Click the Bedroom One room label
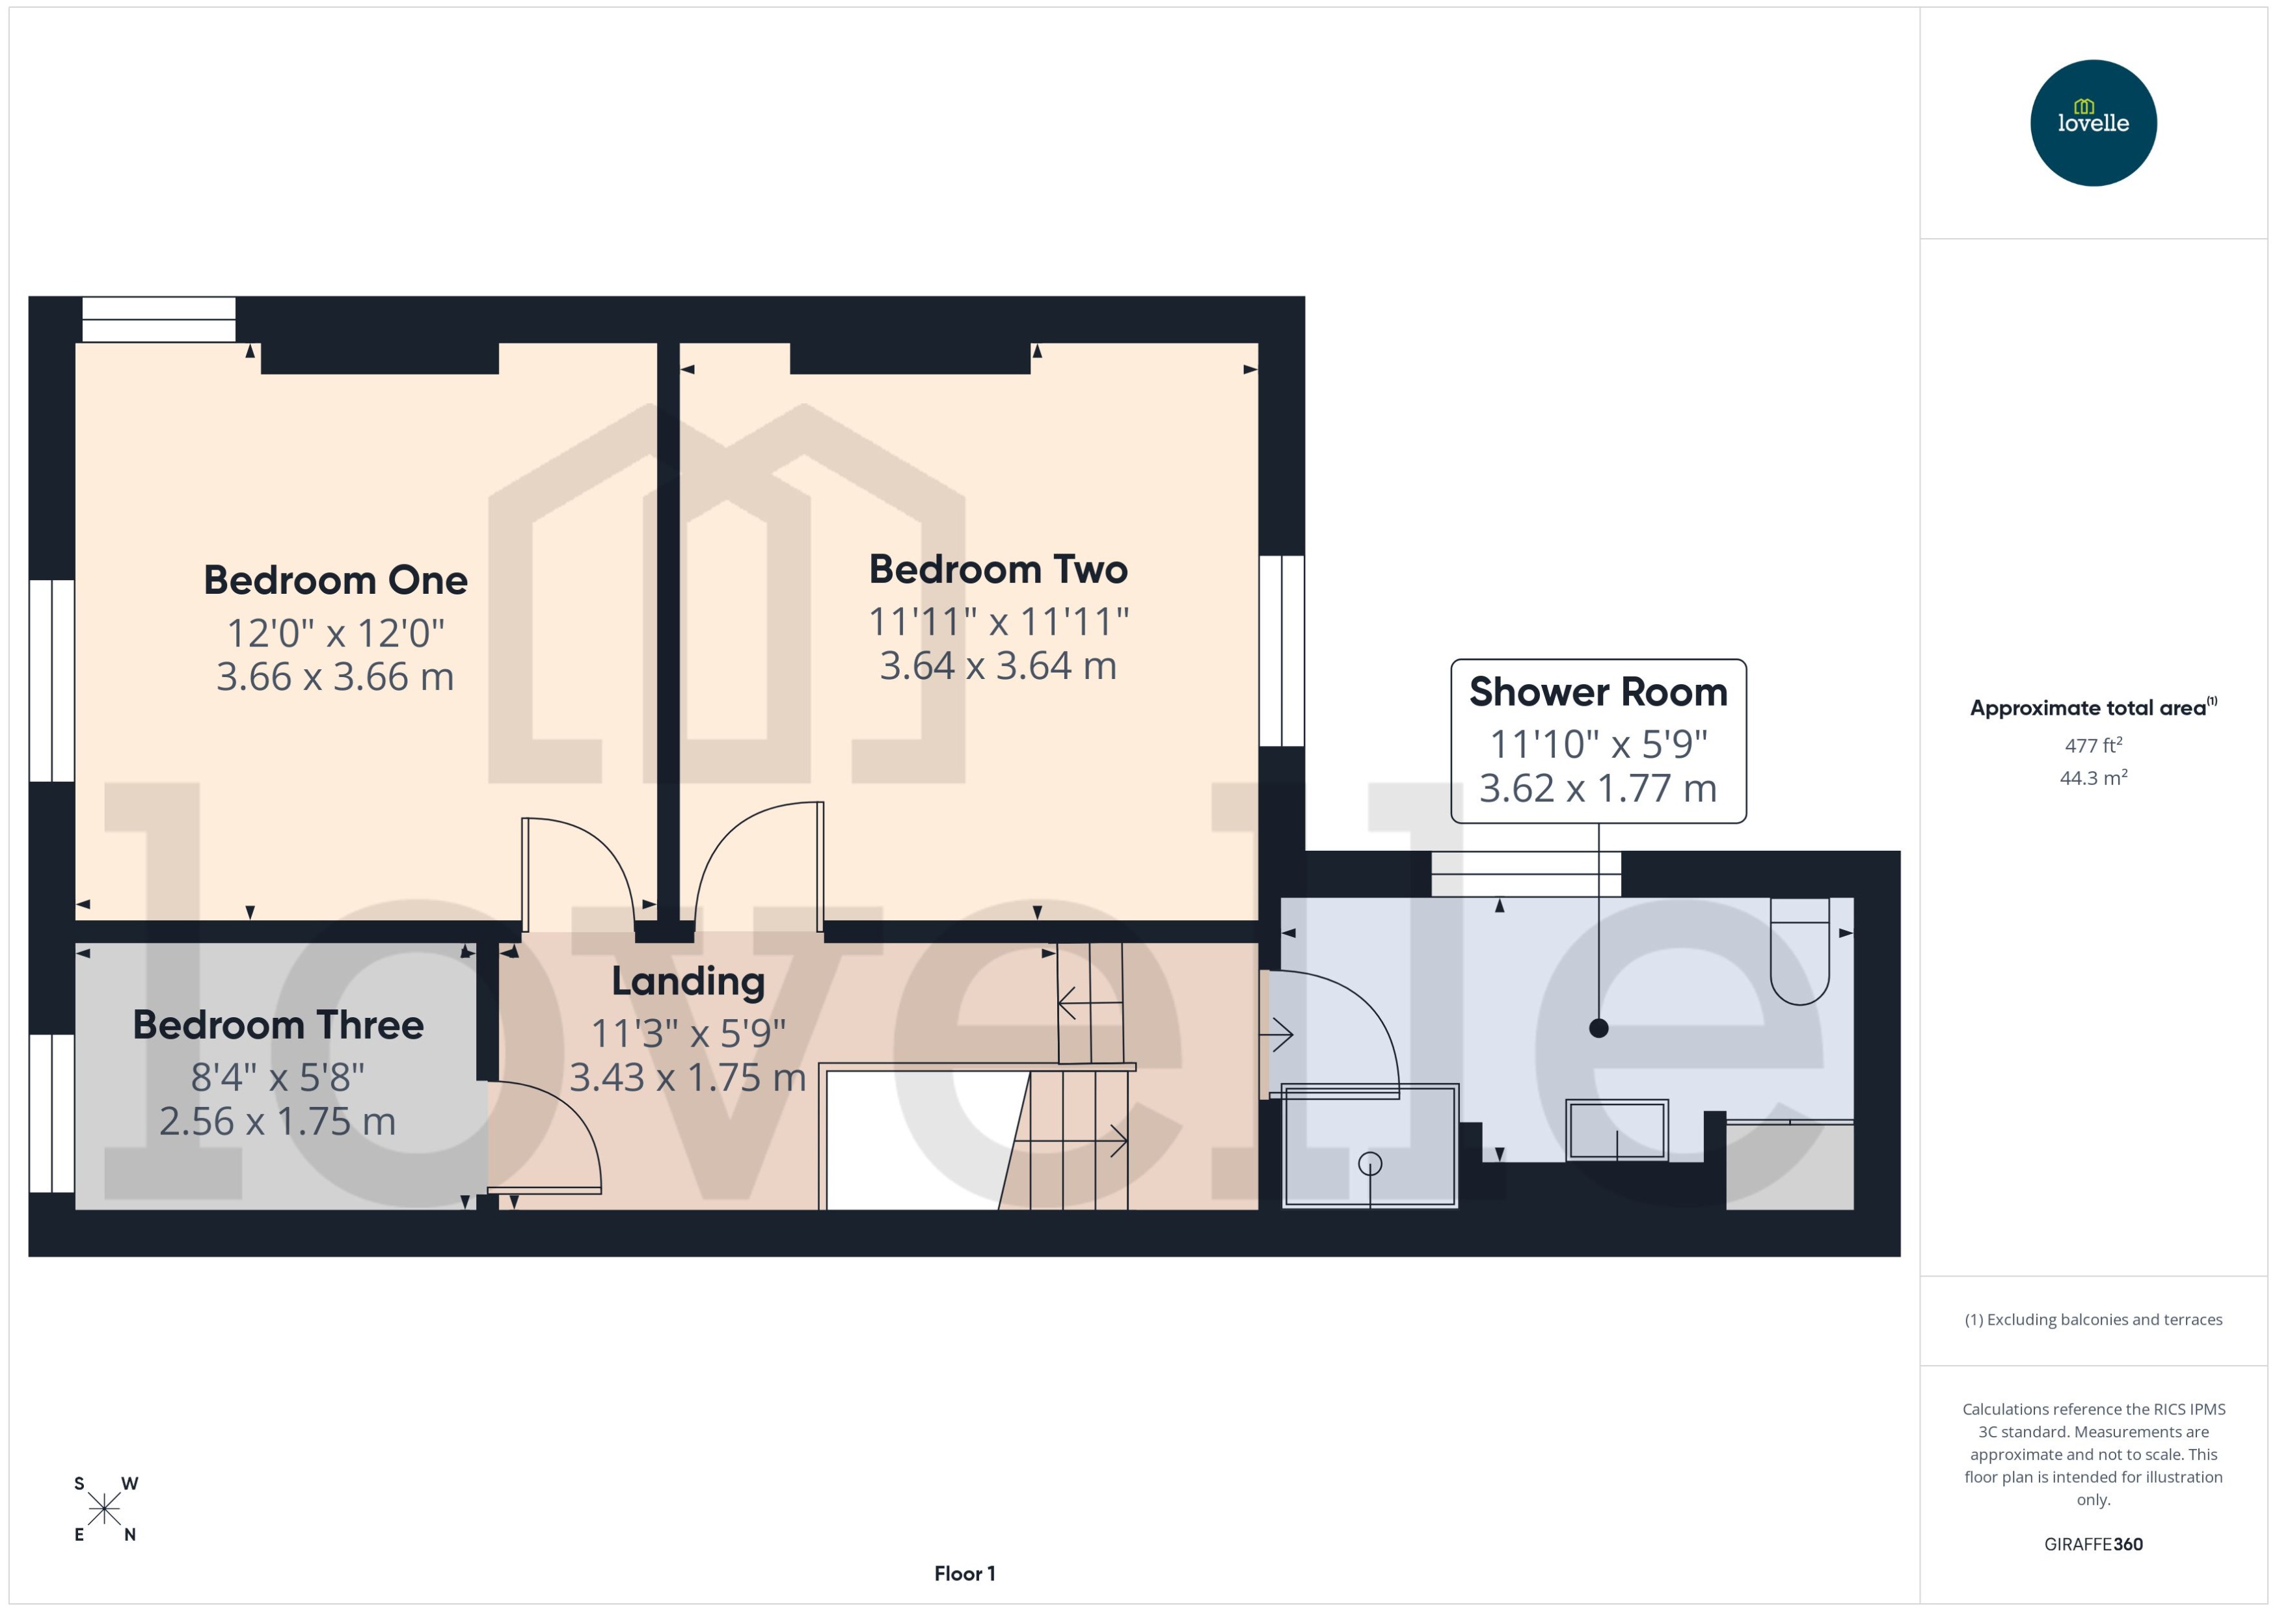click(335, 580)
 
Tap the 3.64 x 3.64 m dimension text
click(998, 665)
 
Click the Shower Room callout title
click(1597, 693)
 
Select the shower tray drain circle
click(1369, 1164)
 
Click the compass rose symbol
click(104, 1509)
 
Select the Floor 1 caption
click(963, 1573)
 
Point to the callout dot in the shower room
click(1598, 1029)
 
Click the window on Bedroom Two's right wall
click(1281, 651)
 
